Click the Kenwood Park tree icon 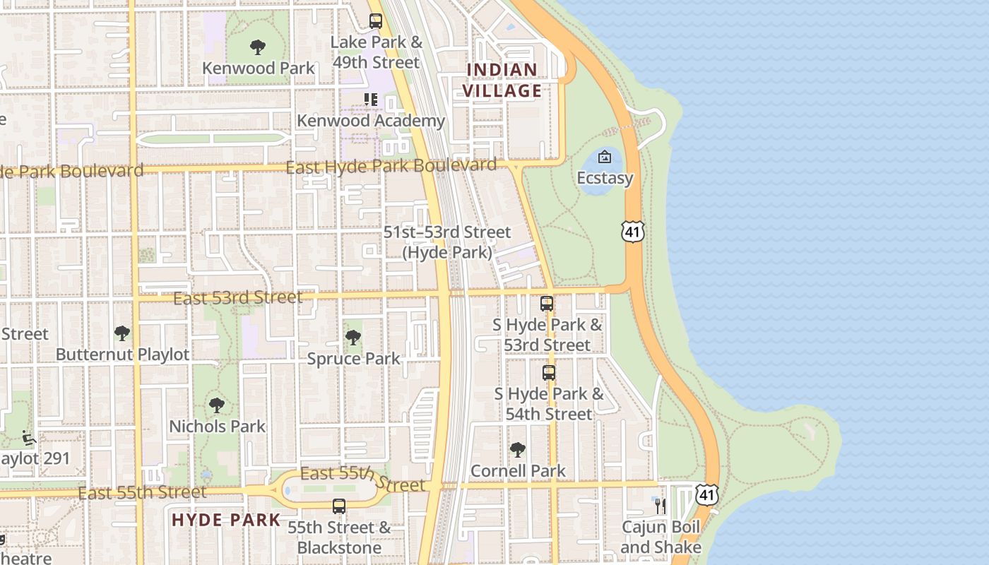click(x=257, y=47)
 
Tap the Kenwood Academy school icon click(x=371, y=100)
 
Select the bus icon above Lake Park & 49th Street click(x=376, y=21)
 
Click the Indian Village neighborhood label click(x=502, y=80)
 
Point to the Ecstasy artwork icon click(x=605, y=157)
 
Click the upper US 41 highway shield click(x=634, y=231)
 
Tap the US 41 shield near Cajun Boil click(x=707, y=494)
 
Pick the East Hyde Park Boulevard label click(x=391, y=167)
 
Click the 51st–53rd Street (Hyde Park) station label click(x=447, y=242)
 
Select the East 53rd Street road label click(x=237, y=297)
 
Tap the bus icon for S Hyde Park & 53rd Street click(x=547, y=304)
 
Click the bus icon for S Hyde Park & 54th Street click(x=549, y=372)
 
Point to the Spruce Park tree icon click(x=353, y=338)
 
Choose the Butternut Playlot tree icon click(x=122, y=333)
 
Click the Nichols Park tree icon click(x=217, y=405)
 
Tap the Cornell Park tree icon click(x=518, y=450)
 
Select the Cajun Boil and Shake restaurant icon click(x=661, y=506)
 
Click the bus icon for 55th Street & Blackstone click(x=339, y=506)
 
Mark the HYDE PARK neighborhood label click(x=226, y=521)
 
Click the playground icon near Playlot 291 click(x=29, y=439)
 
